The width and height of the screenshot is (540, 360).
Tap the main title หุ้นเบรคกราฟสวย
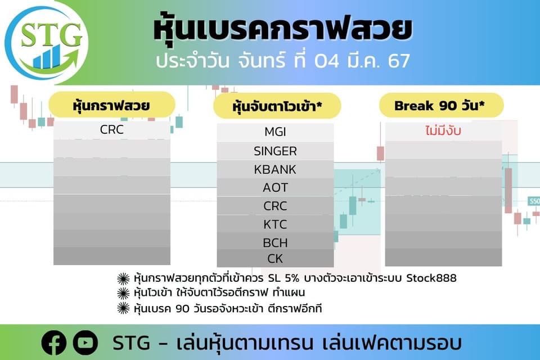(283, 29)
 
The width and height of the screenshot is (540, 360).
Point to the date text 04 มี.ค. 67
(362, 61)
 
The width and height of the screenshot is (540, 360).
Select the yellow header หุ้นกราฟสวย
(111, 105)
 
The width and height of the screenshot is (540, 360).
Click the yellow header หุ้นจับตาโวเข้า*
(277, 106)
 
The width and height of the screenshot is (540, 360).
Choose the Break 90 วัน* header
(441, 105)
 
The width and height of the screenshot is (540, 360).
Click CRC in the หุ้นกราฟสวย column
(111, 129)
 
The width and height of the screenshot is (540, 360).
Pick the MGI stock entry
(275, 132)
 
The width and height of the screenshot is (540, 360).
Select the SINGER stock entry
(275, 151)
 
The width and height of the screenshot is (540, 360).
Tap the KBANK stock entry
(275, 169)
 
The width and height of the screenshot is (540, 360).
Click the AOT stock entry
(275, 188)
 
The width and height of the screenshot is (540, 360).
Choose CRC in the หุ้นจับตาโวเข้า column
(275, 206)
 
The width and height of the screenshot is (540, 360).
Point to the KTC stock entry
(275, 224)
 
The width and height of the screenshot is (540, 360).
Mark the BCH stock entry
(275, 243)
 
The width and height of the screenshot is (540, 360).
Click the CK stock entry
(275, 259)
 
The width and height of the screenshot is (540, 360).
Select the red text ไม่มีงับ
(443, 131)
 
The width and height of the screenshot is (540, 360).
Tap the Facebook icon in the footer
(54, 343)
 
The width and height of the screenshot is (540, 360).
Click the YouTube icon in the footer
(85, 343)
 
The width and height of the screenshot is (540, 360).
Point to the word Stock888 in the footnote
(431, 278)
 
